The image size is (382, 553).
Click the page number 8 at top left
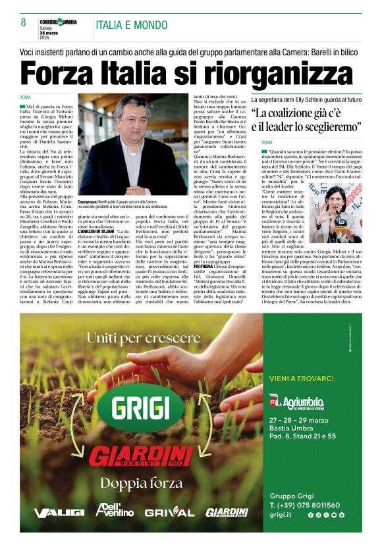pyautogui.click(x=24, y=22)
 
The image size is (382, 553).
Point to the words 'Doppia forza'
pyautogui.click(x=141, y=483)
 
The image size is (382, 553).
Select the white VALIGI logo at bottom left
pyautogui.click(x=59, y=513)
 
